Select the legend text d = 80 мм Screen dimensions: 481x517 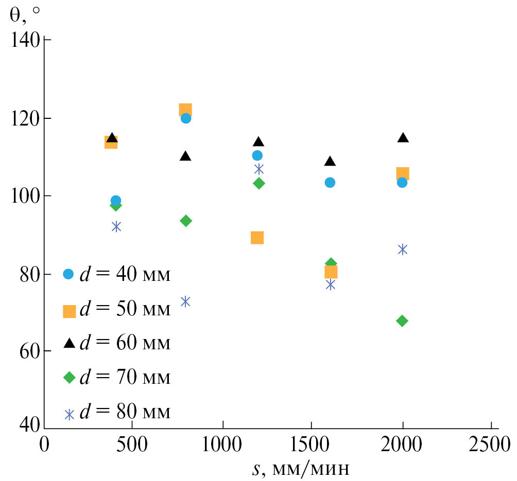(x=125, y=413)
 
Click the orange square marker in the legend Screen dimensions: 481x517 (x=69, y=311)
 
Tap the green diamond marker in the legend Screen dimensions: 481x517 (x=69, y=378)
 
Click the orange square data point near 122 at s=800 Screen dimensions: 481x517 (x=185, y=110)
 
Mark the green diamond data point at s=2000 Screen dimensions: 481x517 (x=402, y=321)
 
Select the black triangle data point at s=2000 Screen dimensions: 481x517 (x=403, y=137)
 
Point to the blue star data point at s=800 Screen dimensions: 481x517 (x=185, y=301)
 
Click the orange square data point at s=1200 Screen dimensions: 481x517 (x=257, y=238)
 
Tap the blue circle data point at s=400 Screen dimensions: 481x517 (x=116, y=201)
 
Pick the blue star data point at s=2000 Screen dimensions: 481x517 (x=403, y=250)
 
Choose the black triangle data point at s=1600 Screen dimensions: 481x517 (x=330, y=162)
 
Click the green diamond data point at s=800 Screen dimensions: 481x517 (x=186, y=221)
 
